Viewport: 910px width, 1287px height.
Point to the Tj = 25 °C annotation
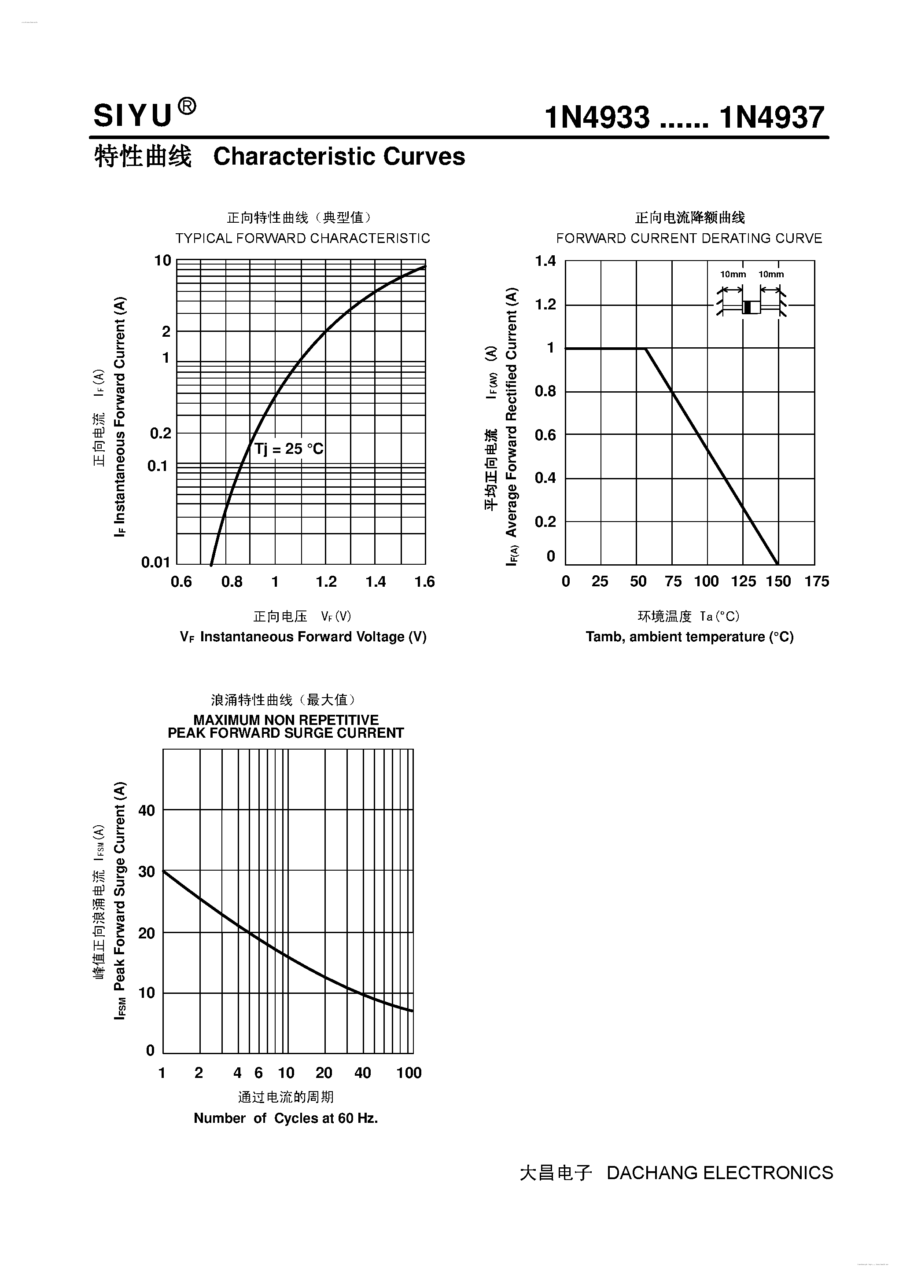[289, 449]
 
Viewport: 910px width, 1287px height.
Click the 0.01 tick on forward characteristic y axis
[155, 562]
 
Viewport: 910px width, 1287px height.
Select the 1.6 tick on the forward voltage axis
[424, 582]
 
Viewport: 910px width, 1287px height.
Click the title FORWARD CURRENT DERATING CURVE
[689, 238]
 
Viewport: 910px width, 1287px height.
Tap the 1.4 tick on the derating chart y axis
[545, 261]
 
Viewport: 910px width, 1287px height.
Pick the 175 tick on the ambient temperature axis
[816, 582]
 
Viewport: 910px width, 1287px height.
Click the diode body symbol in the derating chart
[752, 307]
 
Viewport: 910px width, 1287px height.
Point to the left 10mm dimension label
[733, 275]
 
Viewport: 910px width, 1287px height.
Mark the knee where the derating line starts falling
[646, 349]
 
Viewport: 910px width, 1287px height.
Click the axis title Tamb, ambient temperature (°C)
[689, 637]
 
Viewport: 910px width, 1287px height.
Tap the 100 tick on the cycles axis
[409, 1073]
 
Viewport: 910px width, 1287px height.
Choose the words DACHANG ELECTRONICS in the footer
[719, 1173]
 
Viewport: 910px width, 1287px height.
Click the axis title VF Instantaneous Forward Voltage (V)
[303, 637]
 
